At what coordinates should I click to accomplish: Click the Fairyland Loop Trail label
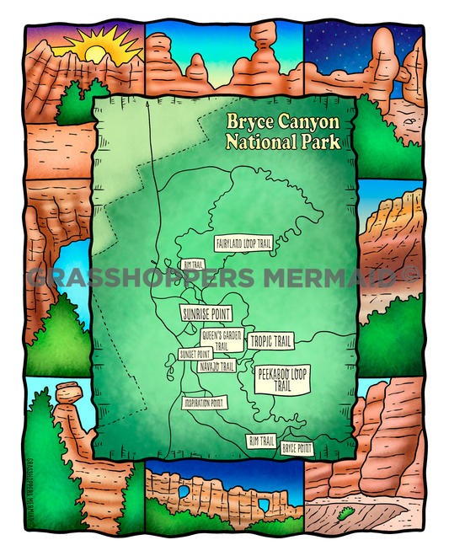click(244, 243)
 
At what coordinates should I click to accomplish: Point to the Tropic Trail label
click(271, 341)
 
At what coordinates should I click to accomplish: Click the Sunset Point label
click(194, 356)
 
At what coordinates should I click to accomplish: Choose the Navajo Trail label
click(216, 366)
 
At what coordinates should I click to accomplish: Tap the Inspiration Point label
click(205, 402)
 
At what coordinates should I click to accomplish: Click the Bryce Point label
click(297, 447)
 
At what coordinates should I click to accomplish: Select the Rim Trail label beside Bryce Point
click(261, 440)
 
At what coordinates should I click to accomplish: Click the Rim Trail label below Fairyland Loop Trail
click(194, 265)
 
